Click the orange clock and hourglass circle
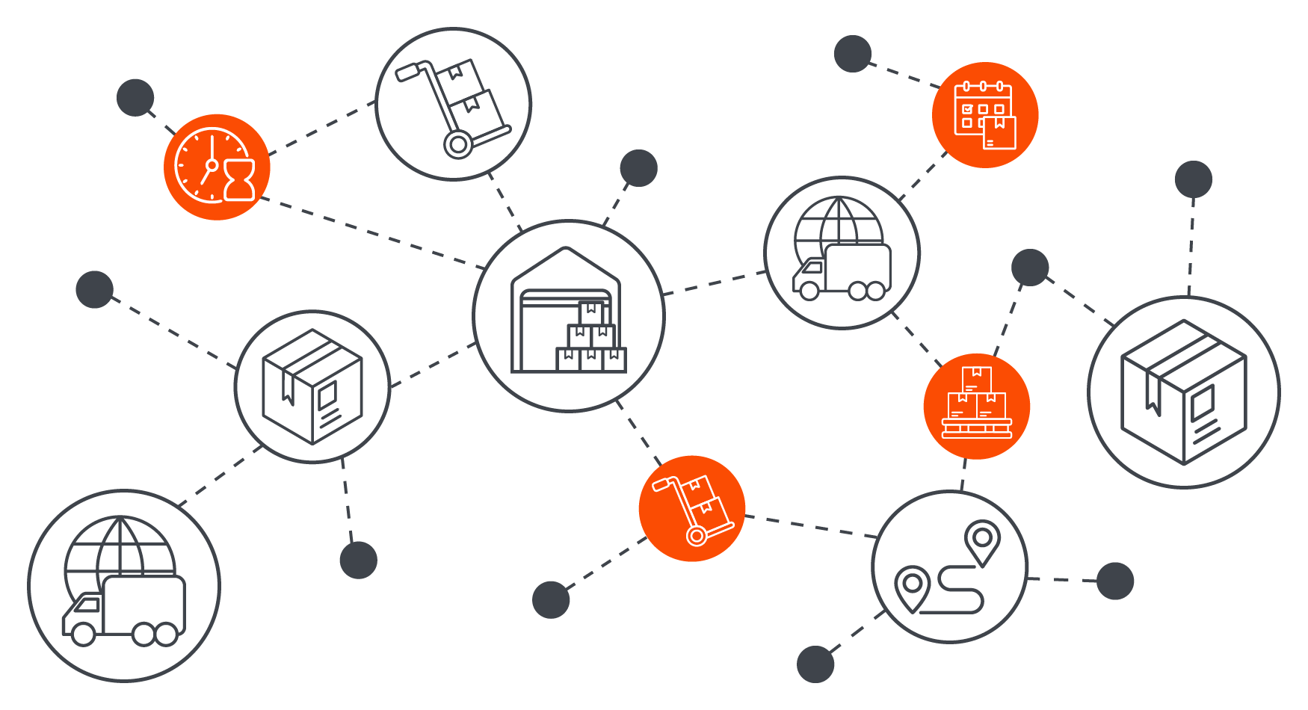(x=216, y=167)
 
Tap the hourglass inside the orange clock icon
(x=239, y=180)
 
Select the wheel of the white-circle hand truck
(x=458, y=143)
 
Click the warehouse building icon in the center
(x=568, y=315)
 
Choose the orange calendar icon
(x=984, y=114)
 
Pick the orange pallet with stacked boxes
(x=976, y=406)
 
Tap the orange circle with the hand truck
(x=691, y=508)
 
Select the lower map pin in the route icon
(x=912, y=585)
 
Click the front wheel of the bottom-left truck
(x=83, y=634)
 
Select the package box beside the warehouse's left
(x=312, y=386)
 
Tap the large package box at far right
(x=1183, y=392)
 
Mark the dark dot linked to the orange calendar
(x=853, y=54)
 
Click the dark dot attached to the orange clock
(x=135, y=97)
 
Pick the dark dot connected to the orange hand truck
(x=551, y=599)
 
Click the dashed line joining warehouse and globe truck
(x=715, y=283)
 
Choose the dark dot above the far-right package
(x=1193, y=179)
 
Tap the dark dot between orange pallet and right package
(x=1029, y=267)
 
